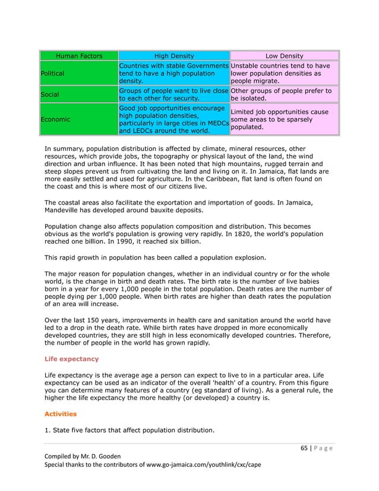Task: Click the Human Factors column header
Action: point(78,56)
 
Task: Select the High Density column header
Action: point(173,56)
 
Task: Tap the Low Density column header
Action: point(283,56)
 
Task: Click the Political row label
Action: point(53,73)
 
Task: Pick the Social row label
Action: point(50,95)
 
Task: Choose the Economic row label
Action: point(56,119)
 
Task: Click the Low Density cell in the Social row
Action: point(283,95)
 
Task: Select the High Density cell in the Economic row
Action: point(173,119)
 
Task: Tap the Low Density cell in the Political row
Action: point(283,73)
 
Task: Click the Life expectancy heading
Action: point(72,359)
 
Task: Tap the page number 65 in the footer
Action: point(304,449)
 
